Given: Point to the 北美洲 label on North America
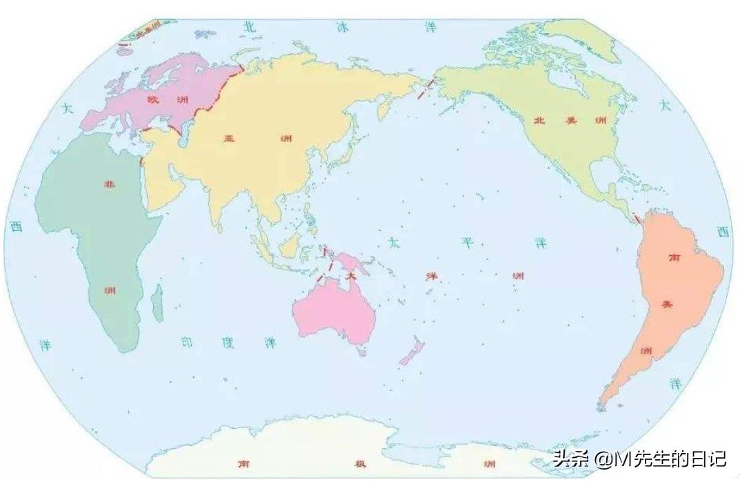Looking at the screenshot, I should point(570,120).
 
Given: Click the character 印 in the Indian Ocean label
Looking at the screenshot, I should point(185,342).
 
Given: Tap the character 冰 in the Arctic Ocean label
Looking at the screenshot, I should point(342,27).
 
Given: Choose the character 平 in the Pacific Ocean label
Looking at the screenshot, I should point(467,243).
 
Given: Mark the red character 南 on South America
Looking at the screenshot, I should point(674,257).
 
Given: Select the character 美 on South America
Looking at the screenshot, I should point(666,304).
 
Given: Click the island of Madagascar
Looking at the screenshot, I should point(157,303).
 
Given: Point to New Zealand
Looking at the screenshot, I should point(412,352).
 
